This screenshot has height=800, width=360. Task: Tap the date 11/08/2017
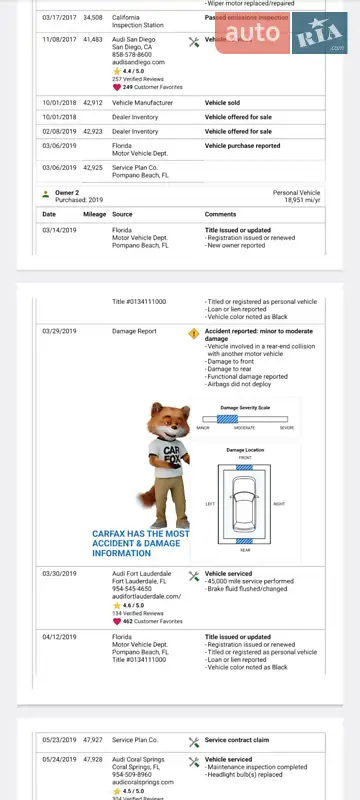60,40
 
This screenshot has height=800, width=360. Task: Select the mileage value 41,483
93,40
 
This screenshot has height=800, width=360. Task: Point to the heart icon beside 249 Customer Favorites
117,87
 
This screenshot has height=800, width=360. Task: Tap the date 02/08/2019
60,131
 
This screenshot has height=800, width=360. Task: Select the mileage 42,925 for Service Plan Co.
93,167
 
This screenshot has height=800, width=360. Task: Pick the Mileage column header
95,214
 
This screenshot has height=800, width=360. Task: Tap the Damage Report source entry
134,330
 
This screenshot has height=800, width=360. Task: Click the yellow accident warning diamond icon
194,333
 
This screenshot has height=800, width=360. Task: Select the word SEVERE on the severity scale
287,428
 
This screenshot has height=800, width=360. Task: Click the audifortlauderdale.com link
147,596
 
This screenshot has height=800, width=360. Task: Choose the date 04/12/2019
60,636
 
